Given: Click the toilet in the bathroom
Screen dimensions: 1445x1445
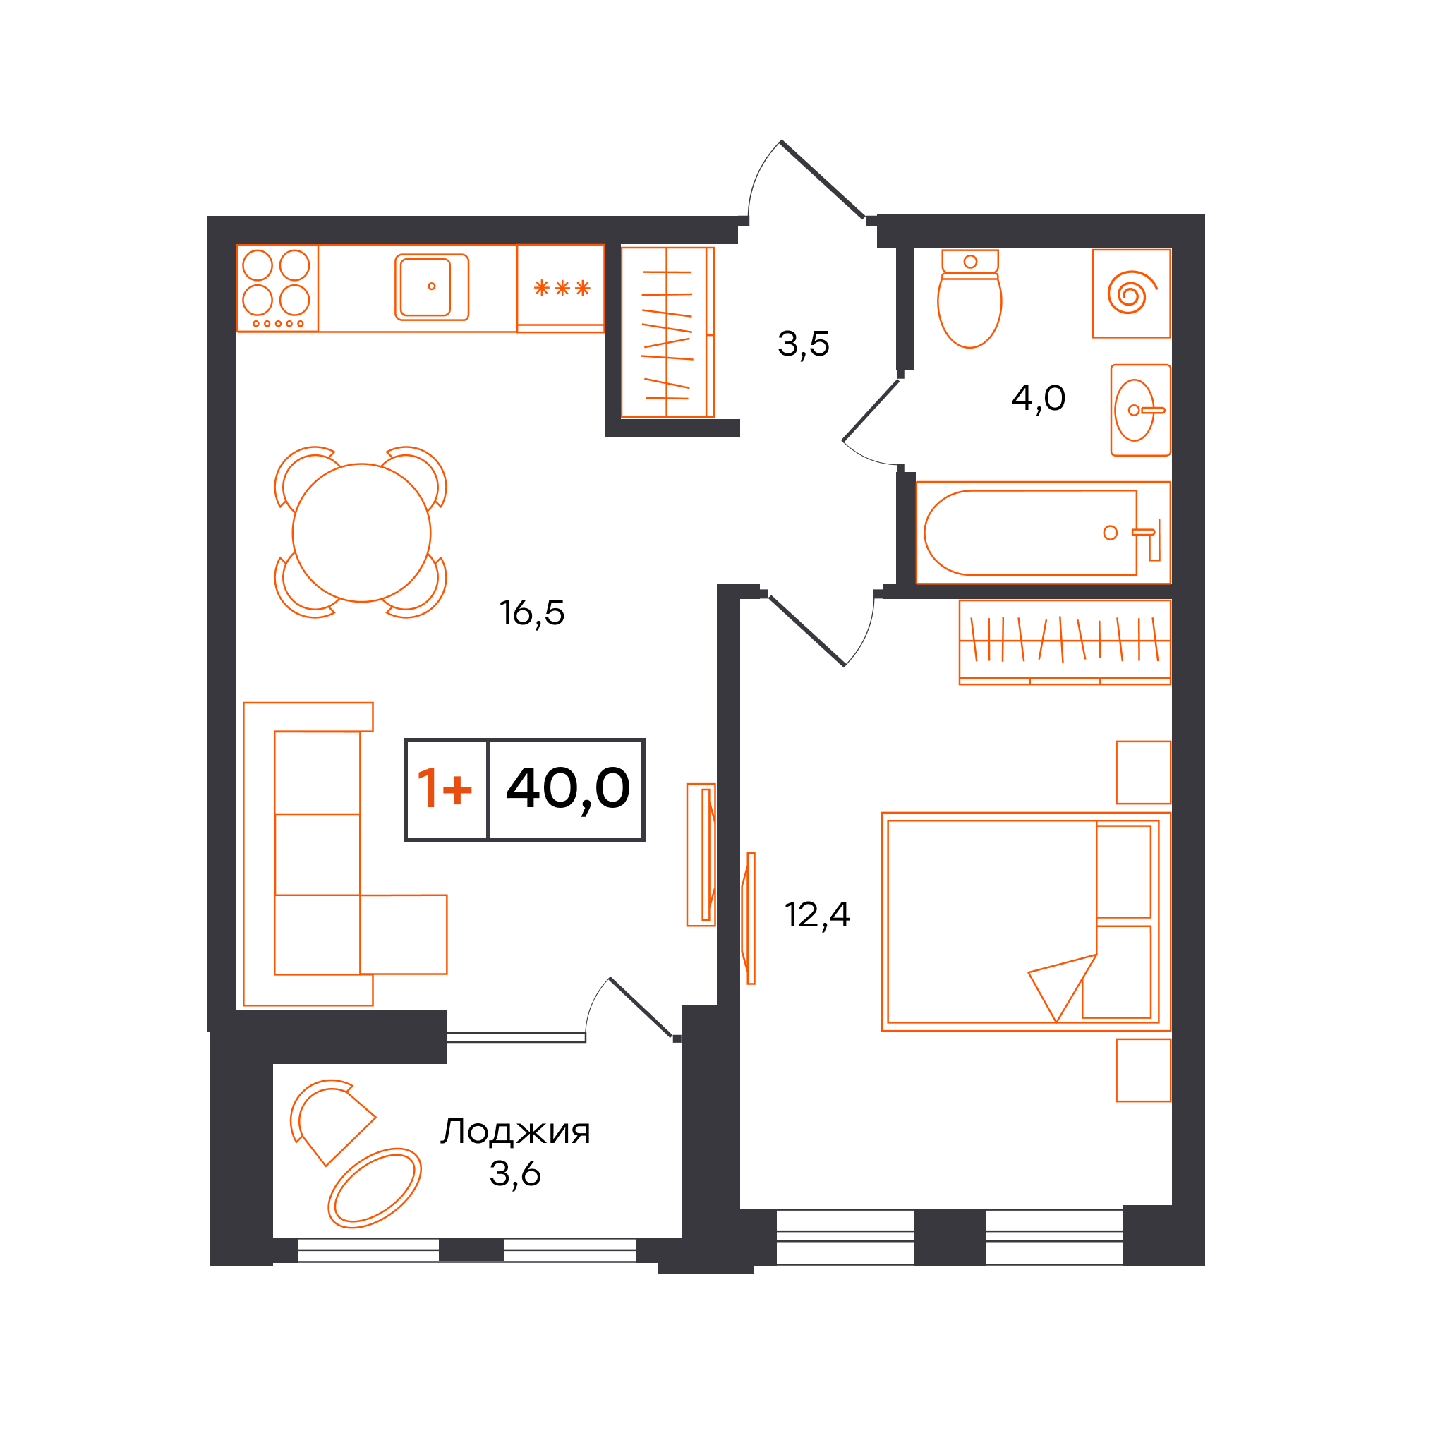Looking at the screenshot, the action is pos(969,298).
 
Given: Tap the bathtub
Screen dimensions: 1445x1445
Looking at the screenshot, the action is pos(1043,533).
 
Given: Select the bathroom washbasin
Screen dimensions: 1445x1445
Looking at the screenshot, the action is pos(1140,410).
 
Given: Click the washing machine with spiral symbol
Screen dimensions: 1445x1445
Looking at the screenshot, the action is pos(1131,294).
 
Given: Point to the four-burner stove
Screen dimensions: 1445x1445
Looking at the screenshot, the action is pos(277,288).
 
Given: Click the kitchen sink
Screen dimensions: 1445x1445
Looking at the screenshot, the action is pos(432,287).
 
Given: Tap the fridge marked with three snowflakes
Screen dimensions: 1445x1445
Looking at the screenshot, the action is pos(561,288).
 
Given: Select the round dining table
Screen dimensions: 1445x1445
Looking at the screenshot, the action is pos(361,533).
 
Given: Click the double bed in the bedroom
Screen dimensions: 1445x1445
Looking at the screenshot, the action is pos(1025,921).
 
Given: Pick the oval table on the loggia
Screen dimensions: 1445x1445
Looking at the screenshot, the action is pos(374,1188).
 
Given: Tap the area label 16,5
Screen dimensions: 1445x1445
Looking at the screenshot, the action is pos(532,612).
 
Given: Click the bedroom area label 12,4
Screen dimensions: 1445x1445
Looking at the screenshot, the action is pos(817,914).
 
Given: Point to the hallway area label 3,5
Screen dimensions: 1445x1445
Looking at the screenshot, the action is pos(803,344).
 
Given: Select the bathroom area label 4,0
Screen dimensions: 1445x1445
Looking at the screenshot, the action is pos(1038,398).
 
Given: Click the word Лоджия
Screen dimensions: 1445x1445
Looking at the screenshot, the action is pos(515,1132).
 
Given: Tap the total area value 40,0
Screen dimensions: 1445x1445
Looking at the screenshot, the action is pos(568,789).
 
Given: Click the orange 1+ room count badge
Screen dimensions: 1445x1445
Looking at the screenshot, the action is pos(445,788).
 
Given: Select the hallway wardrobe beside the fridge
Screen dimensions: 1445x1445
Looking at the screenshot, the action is pos(667,332).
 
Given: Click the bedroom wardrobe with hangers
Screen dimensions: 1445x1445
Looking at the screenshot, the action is pos(1064,642).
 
